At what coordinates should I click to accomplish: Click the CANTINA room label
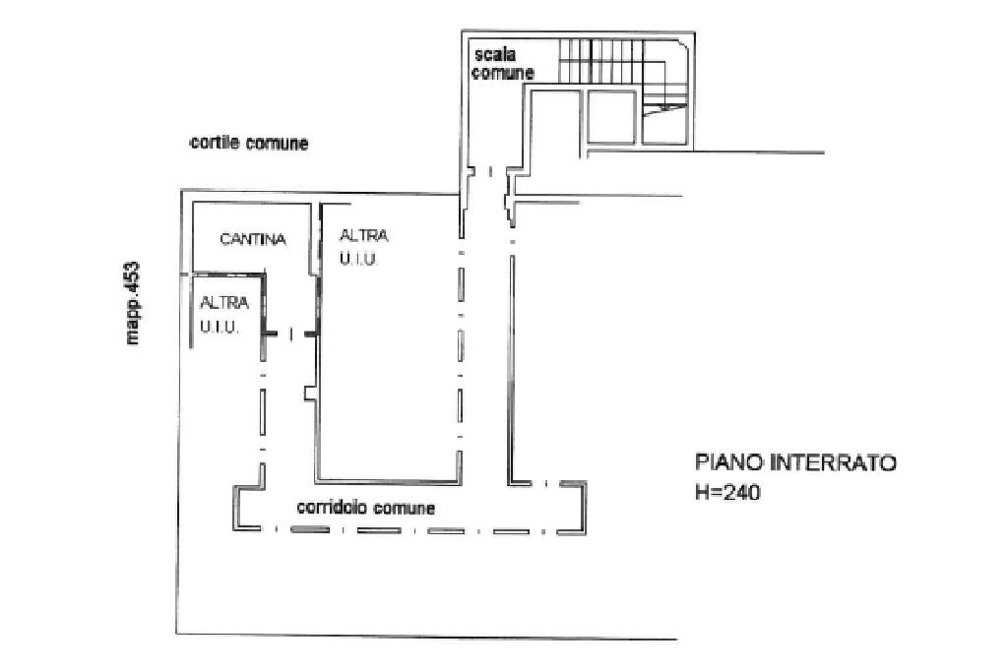pos(253,239)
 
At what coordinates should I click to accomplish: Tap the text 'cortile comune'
pos(249,144)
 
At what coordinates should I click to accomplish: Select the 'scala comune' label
pos(502,64)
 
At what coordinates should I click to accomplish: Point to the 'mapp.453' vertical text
pos(133,303)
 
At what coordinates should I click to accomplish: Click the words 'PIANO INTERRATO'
pos(795,462)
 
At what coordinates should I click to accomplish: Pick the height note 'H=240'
pos(727,494)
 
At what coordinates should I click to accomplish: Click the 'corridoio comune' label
pos(366,509)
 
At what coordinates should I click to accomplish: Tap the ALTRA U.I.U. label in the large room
pos(362,247)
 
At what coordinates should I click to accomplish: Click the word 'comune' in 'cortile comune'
pos(279,144)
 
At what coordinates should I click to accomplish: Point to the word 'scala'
pos(494,55)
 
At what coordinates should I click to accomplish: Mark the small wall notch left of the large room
pos(309,394)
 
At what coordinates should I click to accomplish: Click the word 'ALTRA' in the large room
pos(362,236)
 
